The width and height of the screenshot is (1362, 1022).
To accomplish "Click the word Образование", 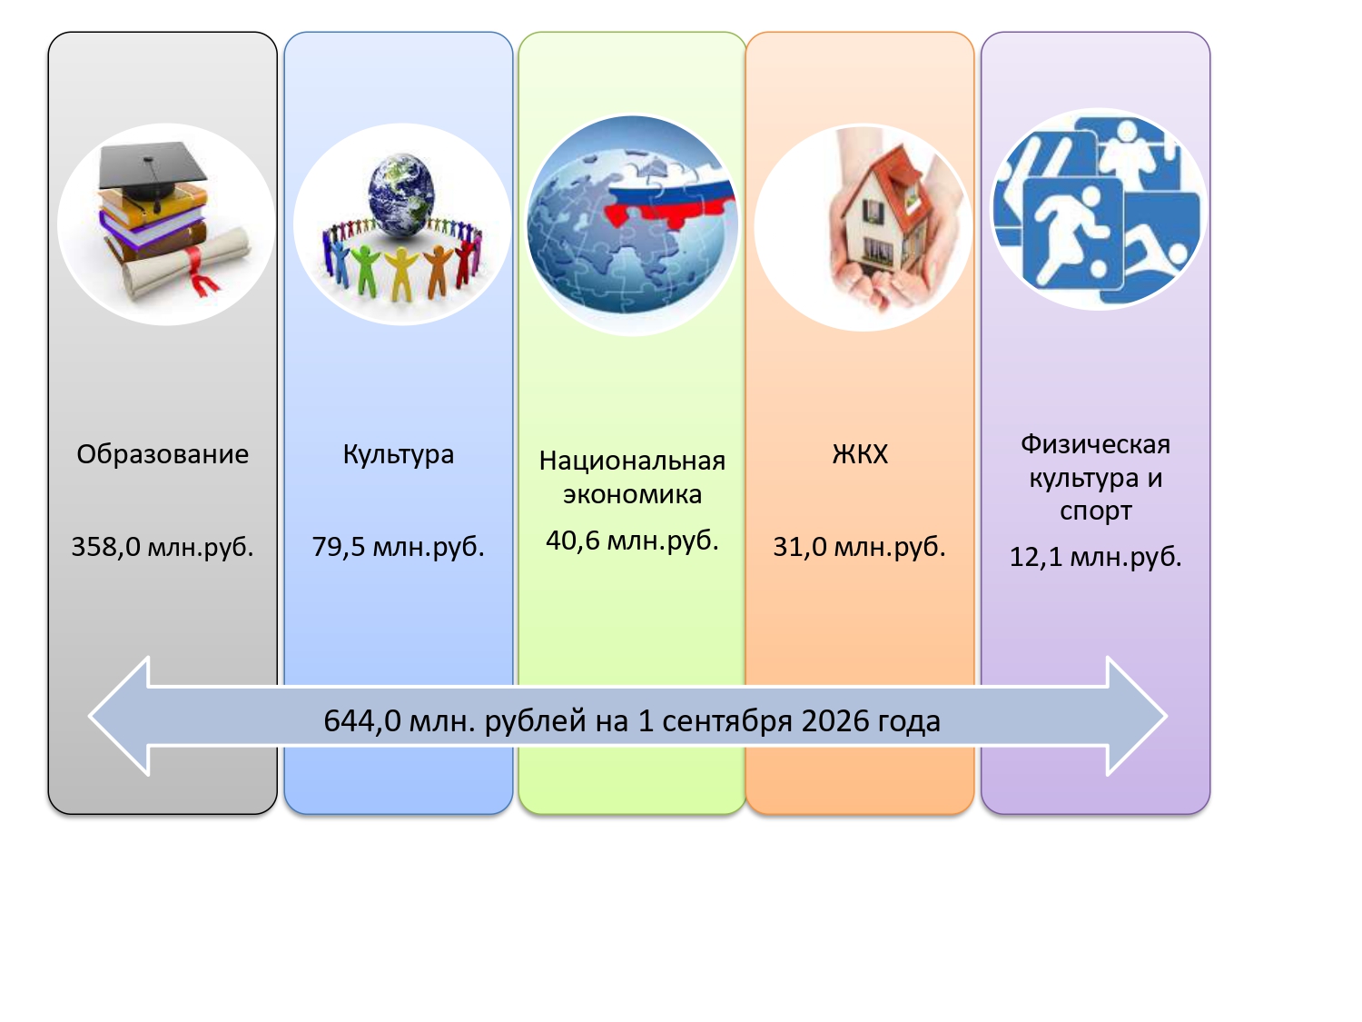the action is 163,454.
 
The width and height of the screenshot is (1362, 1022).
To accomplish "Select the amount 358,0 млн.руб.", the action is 163,547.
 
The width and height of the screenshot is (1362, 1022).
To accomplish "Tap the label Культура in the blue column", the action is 399,455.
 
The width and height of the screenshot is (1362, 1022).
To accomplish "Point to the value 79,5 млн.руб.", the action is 398,547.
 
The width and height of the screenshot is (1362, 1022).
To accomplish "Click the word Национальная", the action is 632,461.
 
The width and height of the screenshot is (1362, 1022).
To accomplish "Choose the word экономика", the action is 632,494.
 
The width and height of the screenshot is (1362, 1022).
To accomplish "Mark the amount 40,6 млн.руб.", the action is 632,541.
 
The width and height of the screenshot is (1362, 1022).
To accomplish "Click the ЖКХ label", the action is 860,454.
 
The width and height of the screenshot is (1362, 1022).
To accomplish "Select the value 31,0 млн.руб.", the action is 859,547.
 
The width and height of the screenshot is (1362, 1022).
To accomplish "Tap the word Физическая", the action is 1095,444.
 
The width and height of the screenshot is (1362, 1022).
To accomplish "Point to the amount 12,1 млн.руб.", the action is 1095,557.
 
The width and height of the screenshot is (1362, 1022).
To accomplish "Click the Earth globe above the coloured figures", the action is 401,194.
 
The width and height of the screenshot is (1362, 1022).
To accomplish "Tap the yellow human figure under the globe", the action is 401,273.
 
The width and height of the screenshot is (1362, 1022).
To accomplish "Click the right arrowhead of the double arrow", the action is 1137,716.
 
